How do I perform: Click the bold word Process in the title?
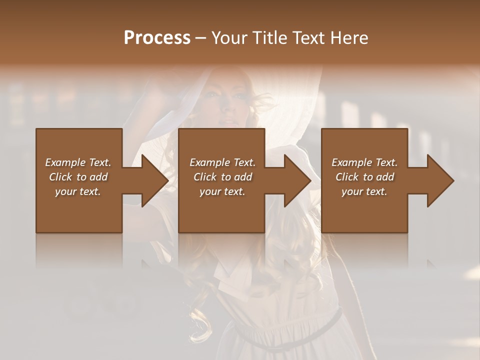[x=157, y=38]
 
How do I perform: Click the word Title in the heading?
[x=269, y=38]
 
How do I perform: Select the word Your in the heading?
[x=228, y=38]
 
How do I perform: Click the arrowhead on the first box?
[x=152, y=180]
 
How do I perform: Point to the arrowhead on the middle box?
[x=295, y=180]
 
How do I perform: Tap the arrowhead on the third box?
[x=438, y=180]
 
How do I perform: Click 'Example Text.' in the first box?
[x=78, y=162]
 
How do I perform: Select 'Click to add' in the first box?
[x=78, y=177]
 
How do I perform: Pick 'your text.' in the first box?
[x=78, y=191]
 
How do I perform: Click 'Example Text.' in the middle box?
[x=222, y=162]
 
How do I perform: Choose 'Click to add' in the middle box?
[x=222, y=177]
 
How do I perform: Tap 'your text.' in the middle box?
[x=222, y=191]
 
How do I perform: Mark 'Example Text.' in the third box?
[x=364, y=162]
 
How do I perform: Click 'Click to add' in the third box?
[x=364, y=177]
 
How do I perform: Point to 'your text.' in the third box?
[x=364, y=191]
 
